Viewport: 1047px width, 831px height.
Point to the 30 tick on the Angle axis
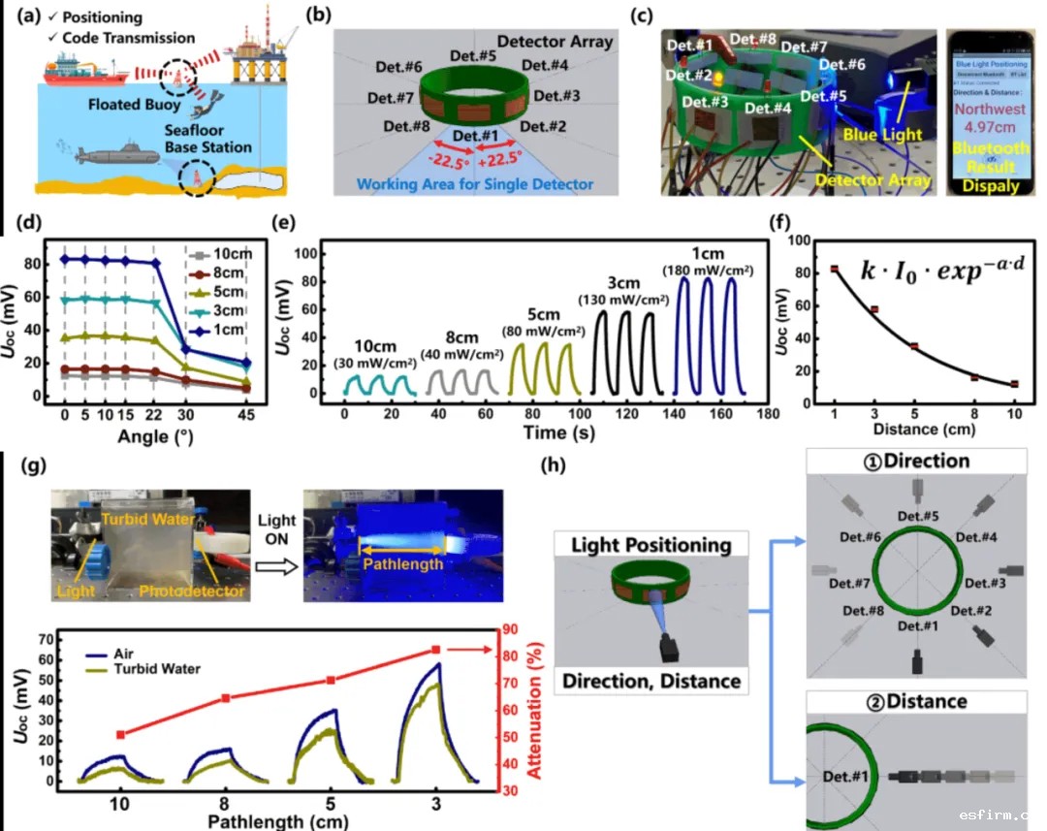coord(185,414)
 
